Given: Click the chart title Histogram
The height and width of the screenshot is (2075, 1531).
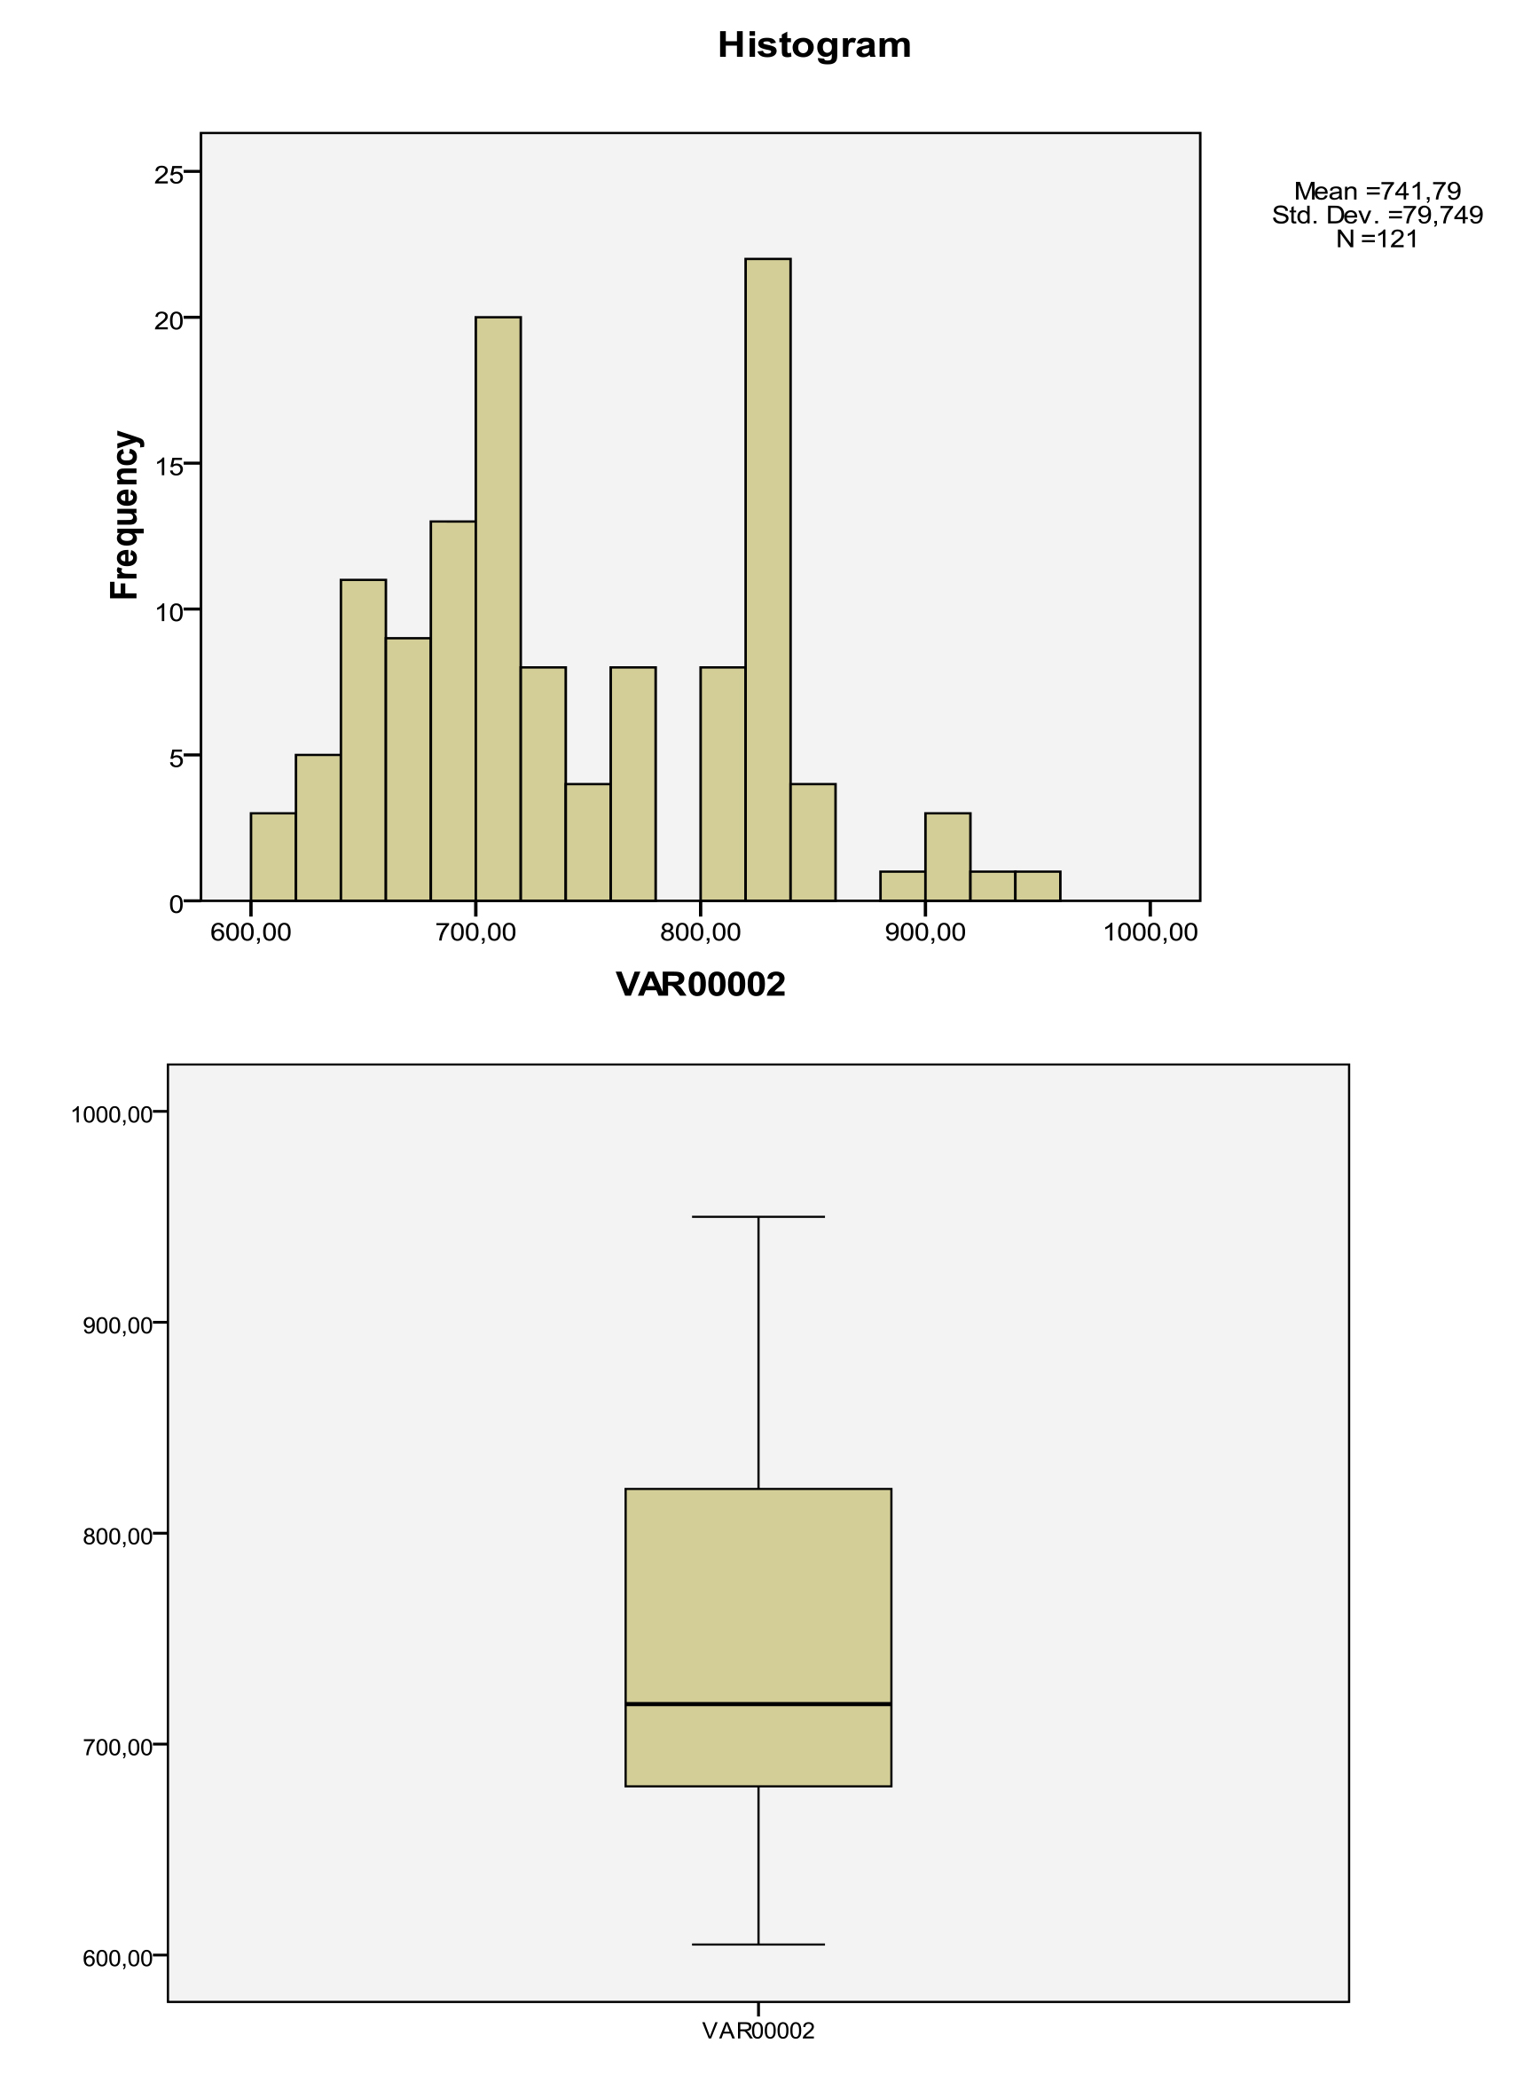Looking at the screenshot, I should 813,45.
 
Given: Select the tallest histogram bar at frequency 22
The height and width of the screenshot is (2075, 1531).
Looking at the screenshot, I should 768,579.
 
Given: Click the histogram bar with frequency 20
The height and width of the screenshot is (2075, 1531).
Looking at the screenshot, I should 498,609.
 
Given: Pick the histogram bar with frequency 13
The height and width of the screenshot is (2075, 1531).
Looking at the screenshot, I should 453,711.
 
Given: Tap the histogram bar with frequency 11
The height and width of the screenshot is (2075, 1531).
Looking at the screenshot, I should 364,740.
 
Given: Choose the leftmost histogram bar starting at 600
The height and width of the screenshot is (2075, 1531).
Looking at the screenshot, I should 273,856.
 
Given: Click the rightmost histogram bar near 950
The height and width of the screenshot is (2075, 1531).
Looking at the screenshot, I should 1038,886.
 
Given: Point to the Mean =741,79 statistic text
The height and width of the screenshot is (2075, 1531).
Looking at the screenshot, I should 1378,192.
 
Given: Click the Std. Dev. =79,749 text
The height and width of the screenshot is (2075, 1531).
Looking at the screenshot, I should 1378,216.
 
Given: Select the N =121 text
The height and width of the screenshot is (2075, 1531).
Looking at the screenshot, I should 1378,240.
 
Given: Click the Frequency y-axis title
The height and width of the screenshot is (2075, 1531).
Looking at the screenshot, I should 124,516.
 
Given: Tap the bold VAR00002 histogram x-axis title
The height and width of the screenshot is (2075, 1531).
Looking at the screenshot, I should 701,985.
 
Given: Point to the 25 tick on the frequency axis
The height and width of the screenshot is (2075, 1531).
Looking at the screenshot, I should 169,174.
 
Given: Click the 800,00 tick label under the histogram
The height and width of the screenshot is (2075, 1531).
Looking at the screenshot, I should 701,932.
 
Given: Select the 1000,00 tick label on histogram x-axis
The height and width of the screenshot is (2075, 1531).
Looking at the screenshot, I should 1150,932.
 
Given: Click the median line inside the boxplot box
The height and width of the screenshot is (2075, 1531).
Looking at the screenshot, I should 758,1704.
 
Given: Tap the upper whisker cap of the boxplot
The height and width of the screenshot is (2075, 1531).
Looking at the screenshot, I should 758,1217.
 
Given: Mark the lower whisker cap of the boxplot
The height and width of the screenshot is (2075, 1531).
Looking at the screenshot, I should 758,1945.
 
